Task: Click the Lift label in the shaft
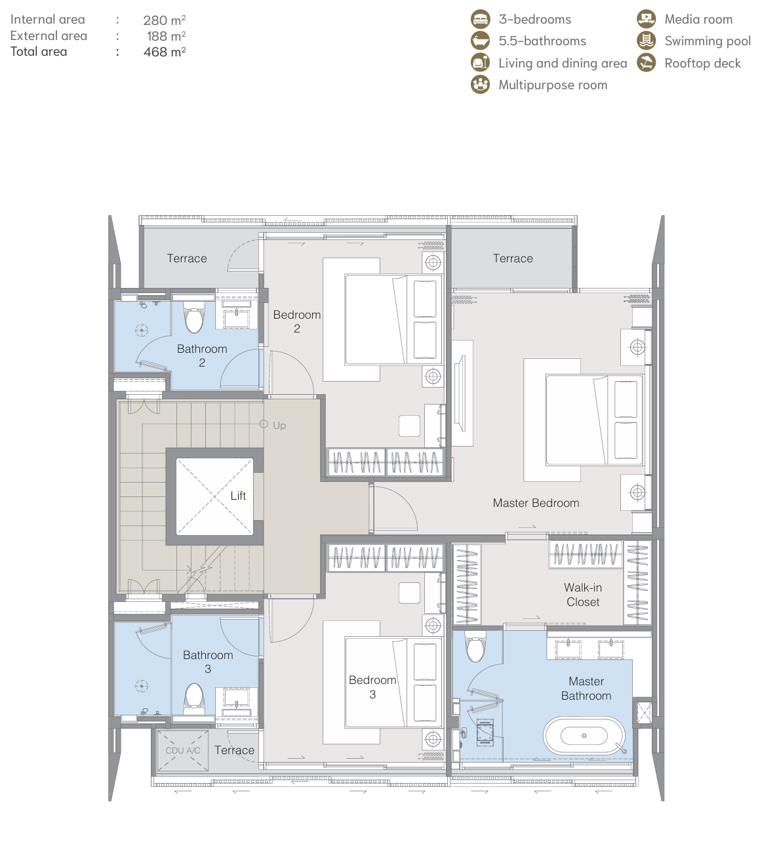238,496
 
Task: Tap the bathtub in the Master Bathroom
584,735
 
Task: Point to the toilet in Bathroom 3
194,698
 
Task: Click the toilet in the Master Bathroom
475,647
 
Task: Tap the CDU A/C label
183,750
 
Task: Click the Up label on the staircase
279,426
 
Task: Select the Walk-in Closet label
583,595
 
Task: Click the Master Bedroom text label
536,503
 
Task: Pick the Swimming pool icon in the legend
646,41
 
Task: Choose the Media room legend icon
646,19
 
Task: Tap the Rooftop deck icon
646,63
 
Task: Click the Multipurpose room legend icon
481,85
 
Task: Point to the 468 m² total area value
165,52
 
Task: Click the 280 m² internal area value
165,20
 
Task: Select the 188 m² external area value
167,36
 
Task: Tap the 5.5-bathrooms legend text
542,41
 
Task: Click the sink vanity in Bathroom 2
237,313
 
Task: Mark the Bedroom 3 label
372,687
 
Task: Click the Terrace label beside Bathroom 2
187,258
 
